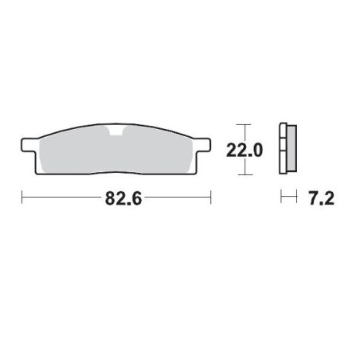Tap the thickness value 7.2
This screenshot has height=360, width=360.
click(x=319, y=197)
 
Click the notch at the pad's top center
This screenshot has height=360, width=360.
click(x=117, y=131)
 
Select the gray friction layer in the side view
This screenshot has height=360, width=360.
click(x=289, y=150)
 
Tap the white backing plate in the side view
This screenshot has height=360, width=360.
click(x=283, y=150)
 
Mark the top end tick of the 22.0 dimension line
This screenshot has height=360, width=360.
click(x=244, y=125)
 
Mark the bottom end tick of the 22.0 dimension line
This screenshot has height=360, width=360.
click(x=244, y=173)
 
